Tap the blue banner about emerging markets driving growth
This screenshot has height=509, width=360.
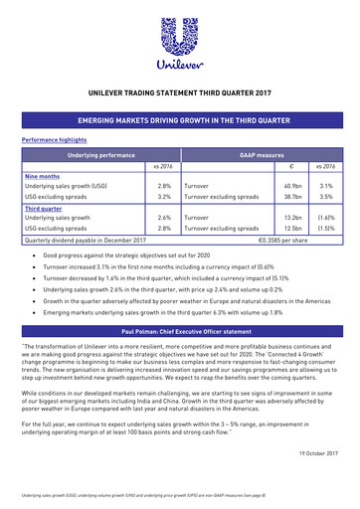tap(179, 120)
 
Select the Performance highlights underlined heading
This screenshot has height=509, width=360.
tap(50, 140)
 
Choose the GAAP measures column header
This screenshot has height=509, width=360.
tap(262, 155)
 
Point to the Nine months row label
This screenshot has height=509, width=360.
tap(42, 176)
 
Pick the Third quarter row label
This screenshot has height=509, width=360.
tap(44, 207)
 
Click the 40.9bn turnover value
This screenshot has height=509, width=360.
tap(292, 186)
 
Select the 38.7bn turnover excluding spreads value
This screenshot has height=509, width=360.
tap(292, 197)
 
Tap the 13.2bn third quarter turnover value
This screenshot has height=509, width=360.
tap(292, 217)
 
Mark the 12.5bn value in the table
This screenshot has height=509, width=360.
tap(292, 228)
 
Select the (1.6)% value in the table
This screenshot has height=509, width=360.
tap(325, 217)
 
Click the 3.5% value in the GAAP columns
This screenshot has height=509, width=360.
tap(326, 197)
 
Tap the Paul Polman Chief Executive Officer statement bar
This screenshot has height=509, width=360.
tap(179, 328)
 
